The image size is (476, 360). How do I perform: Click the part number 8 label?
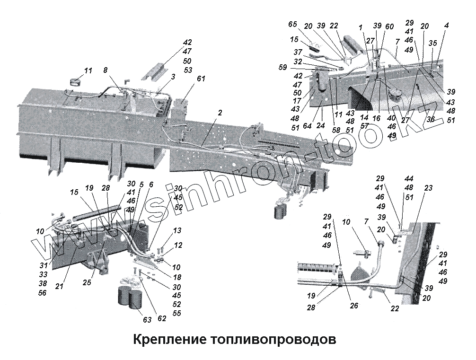[x=106, y=70]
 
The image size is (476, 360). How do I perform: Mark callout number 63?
[x=147, y=320]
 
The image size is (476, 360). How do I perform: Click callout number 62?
[x=162, y=318]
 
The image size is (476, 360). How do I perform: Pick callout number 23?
[x=428, y=188]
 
